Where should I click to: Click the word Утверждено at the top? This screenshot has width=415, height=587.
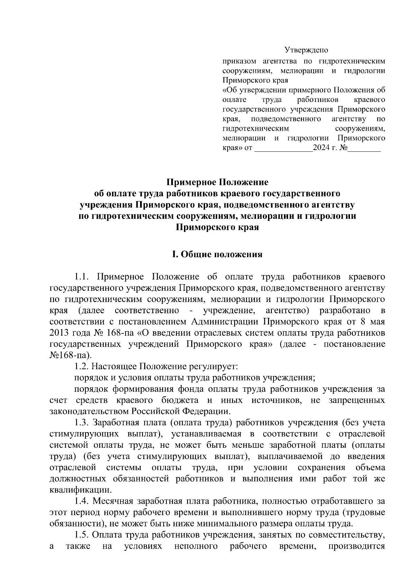(306, 50)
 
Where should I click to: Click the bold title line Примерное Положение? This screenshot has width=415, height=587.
(218, 182)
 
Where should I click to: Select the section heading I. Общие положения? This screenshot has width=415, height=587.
(218, 255)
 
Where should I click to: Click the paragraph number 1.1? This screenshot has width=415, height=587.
(83, 277)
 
